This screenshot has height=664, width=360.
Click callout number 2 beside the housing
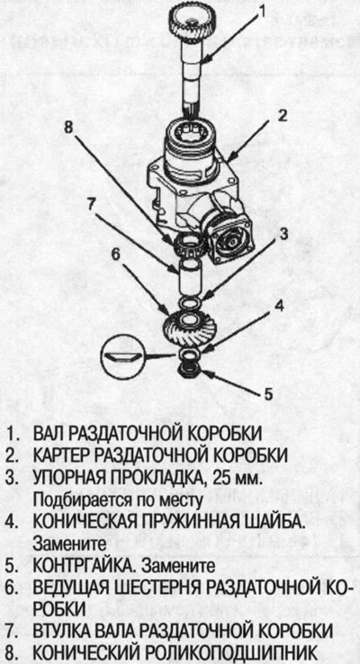click(x=282, y=115)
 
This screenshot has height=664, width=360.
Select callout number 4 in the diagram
click(x=280, y=305)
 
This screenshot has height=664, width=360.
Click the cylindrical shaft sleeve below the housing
click(x=189, y=274)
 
